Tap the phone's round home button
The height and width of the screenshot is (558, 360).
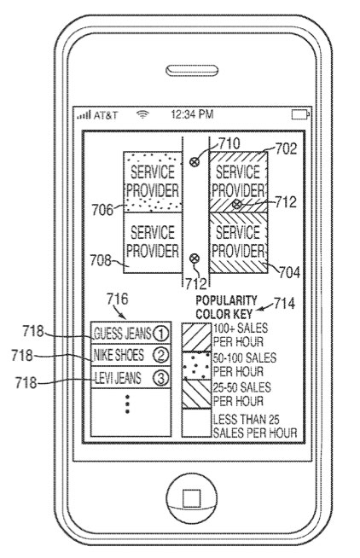(x=191, y=498)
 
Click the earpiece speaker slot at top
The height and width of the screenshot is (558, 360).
(x=192, y=71)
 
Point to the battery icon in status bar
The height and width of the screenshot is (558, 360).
(x=300, y=114)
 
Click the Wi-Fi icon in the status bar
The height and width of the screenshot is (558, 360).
(x=142, y=114)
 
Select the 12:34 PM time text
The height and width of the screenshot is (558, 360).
(x=192, y=114)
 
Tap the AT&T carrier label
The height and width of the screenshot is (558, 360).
(x=106, y=115)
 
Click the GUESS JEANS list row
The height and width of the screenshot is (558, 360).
(x=131, y=333)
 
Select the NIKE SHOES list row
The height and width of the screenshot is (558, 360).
(x=131, y=355)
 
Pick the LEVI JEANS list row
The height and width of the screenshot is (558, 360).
(x=131, y=377)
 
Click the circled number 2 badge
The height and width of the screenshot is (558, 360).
(x=160, y=355)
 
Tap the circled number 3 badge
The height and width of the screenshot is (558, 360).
(x=160, y=378)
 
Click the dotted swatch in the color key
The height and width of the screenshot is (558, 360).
(x=196, y=365)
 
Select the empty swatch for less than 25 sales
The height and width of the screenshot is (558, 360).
(x=196, y=423)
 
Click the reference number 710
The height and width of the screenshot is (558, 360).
(x=229, y=144)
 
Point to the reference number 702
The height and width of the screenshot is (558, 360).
(x=286, y=148)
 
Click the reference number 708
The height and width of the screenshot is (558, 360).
(x=101, y=260)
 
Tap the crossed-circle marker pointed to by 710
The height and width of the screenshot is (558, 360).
(x=195, y=162)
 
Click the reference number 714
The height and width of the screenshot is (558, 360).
(x=284, y=304)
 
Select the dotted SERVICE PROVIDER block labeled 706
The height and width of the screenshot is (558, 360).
(x=153, y=182)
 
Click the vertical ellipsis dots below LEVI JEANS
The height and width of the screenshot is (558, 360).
(x=127, y=404)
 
